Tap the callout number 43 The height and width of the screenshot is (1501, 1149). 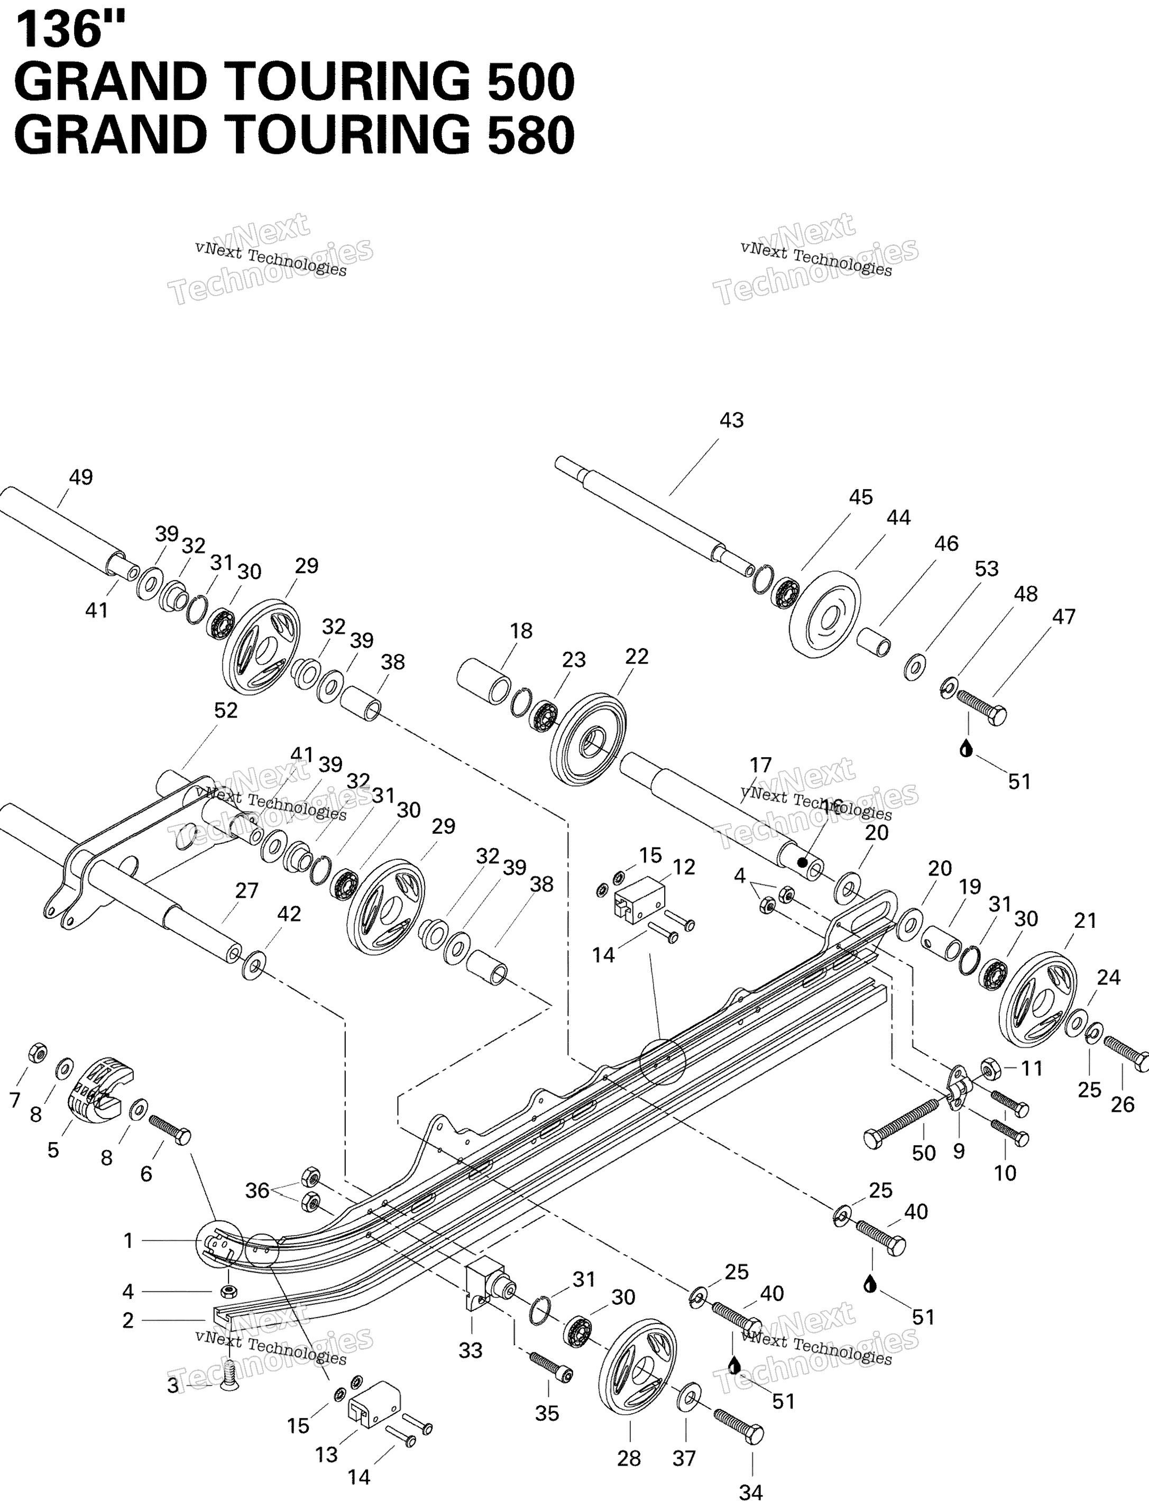point(731,420)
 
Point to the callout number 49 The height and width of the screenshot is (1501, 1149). point(81,477)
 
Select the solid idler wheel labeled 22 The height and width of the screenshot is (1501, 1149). point(588,739)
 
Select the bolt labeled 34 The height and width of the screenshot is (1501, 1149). point(739,1425)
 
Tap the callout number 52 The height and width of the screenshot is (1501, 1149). point(226,711)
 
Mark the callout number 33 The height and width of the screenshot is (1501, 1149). point(471,1350)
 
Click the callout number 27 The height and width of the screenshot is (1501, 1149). point(246,890)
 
